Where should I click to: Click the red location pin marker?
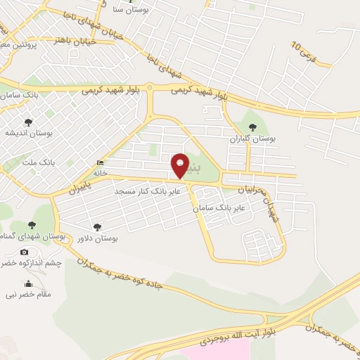[x=180, y=165]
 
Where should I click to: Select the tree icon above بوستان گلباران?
[x=252, y=127]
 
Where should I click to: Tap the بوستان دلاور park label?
[x=97, y=238]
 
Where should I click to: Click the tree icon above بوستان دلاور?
[x=97, y=226]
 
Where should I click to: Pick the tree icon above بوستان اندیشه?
[x=28, y=122]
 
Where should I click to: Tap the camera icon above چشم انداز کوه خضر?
[x=25, y=252]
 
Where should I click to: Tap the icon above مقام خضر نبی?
[x=29, y=283]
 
